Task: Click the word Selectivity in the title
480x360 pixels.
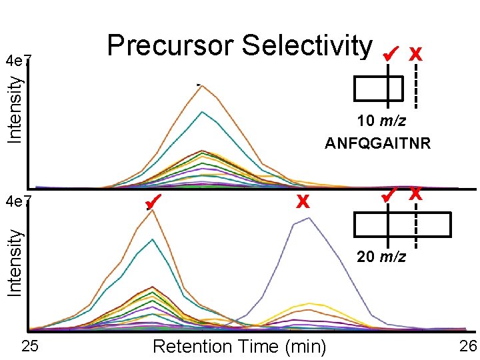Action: click(307, 47)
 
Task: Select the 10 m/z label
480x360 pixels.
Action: click(381, 122)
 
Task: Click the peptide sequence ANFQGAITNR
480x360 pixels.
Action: click(378, 143)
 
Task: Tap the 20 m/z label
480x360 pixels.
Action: click(381, 257)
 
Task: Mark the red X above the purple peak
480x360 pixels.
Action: click(303, 201)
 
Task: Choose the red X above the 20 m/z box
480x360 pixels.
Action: click(416, 195)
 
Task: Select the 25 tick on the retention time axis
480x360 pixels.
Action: click(29, 347)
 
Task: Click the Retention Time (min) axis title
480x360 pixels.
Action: click(239, 347)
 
